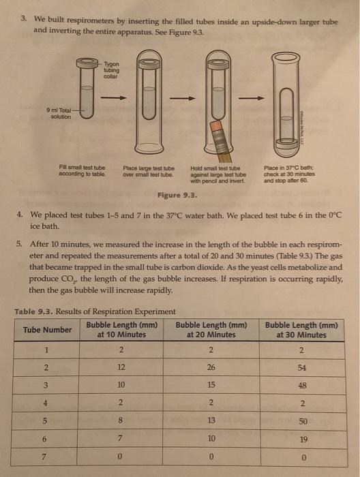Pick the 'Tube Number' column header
pyautogui.click(x=47, y=329)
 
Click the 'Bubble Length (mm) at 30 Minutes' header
pyautogui.click(x=301, y=330)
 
